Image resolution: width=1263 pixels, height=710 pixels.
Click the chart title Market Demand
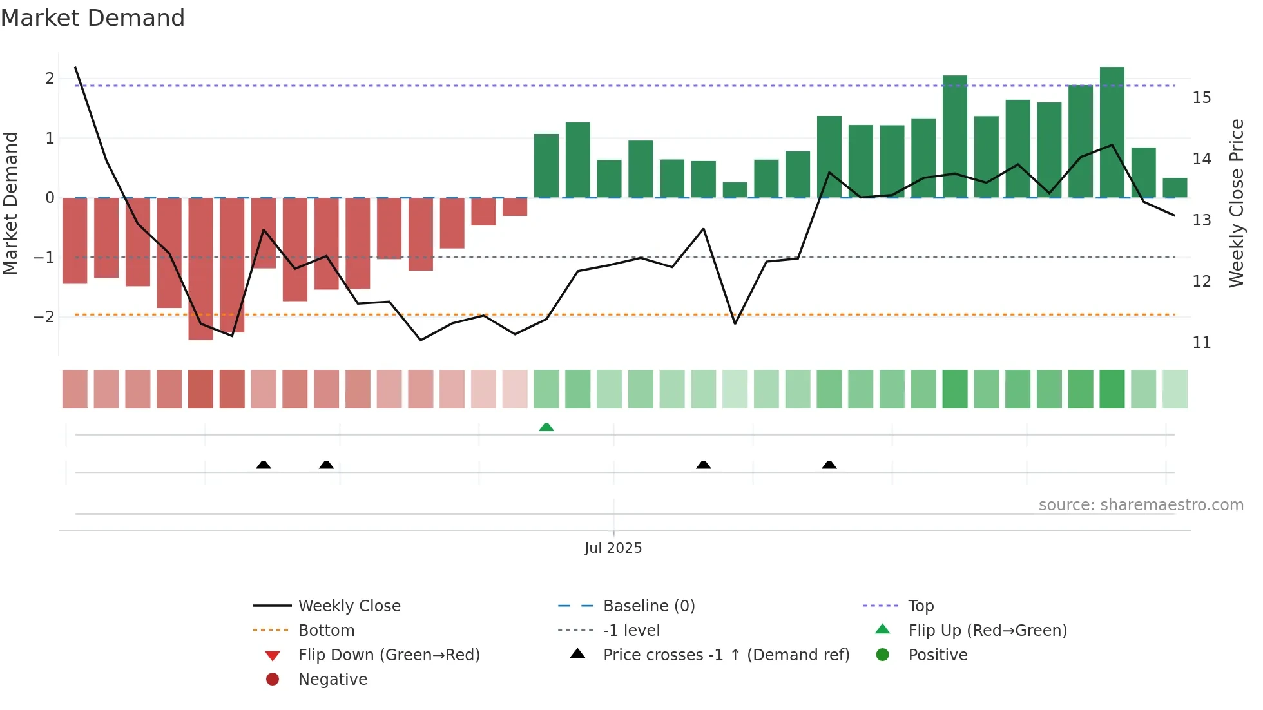point(93,18)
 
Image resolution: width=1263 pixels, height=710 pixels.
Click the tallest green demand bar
point(1112,132)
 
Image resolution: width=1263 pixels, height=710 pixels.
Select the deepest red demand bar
point(200,268)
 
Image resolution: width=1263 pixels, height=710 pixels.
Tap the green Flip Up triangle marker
point(546,427)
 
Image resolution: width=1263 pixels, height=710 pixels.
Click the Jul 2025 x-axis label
point(613,548)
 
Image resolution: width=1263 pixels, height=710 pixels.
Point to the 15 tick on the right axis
point(1201,98)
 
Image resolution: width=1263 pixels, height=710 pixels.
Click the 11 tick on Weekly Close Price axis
point(1201,343)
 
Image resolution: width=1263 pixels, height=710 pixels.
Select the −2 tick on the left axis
point(44,317)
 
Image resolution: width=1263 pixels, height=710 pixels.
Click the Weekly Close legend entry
point(349,606)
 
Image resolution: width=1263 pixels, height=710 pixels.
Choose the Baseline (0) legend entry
point(648,606)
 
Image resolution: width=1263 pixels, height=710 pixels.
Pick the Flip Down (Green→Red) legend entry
point(389,655)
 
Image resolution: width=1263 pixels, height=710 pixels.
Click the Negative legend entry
point(333,679)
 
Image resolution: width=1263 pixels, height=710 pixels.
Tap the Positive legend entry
point(937,655)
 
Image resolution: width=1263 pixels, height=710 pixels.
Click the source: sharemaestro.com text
point(1141,505)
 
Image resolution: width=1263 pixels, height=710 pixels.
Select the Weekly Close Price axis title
point(1236,203)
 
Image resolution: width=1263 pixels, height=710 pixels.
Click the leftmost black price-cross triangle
point(264,465)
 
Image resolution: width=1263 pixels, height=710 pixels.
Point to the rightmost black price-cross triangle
point(829,465)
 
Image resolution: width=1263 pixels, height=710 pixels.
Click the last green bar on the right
point(1175,187)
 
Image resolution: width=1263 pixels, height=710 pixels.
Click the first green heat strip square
point(546,389)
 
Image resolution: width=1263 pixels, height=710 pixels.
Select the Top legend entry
point(920,606)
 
